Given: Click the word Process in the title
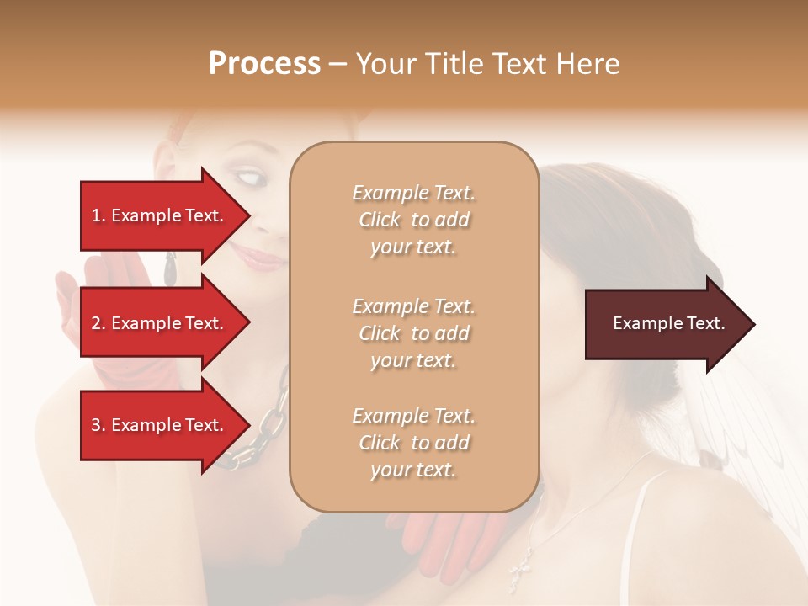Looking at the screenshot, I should [264, 64].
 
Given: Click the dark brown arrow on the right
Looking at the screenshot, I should [669, 324].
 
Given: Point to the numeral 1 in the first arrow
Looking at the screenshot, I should [96, 215].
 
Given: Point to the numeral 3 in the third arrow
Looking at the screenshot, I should [96, 425].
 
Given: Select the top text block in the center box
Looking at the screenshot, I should [413, 220].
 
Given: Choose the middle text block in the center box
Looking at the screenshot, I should [413, 333].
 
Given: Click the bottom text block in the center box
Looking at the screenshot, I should [413, 443].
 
